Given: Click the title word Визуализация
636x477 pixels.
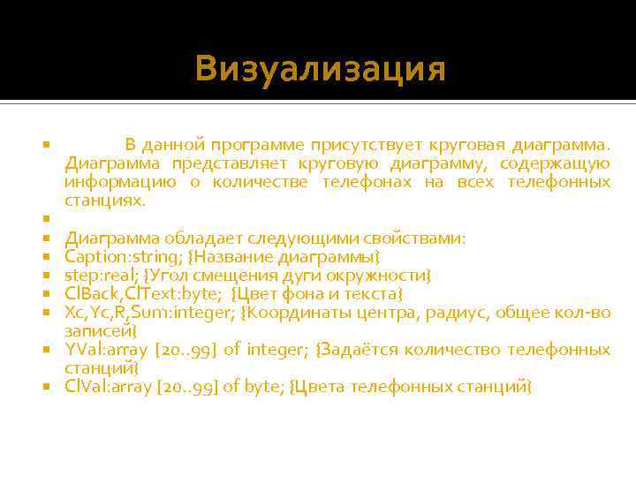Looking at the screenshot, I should tap(321, 68).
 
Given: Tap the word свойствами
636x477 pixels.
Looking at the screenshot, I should tap(416, 238).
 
